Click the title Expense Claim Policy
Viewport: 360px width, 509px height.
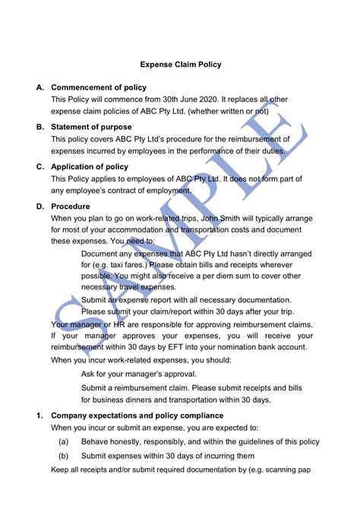coord(179,65)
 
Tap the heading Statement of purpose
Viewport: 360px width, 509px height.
coord(91,127)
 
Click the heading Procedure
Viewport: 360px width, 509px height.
coord(71,206)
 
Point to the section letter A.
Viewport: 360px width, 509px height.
coord(39,87)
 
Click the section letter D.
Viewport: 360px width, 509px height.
coord(39,206)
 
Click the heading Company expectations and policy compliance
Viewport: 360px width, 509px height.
coord(137,416)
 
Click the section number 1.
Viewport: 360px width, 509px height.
coord(39,416)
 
